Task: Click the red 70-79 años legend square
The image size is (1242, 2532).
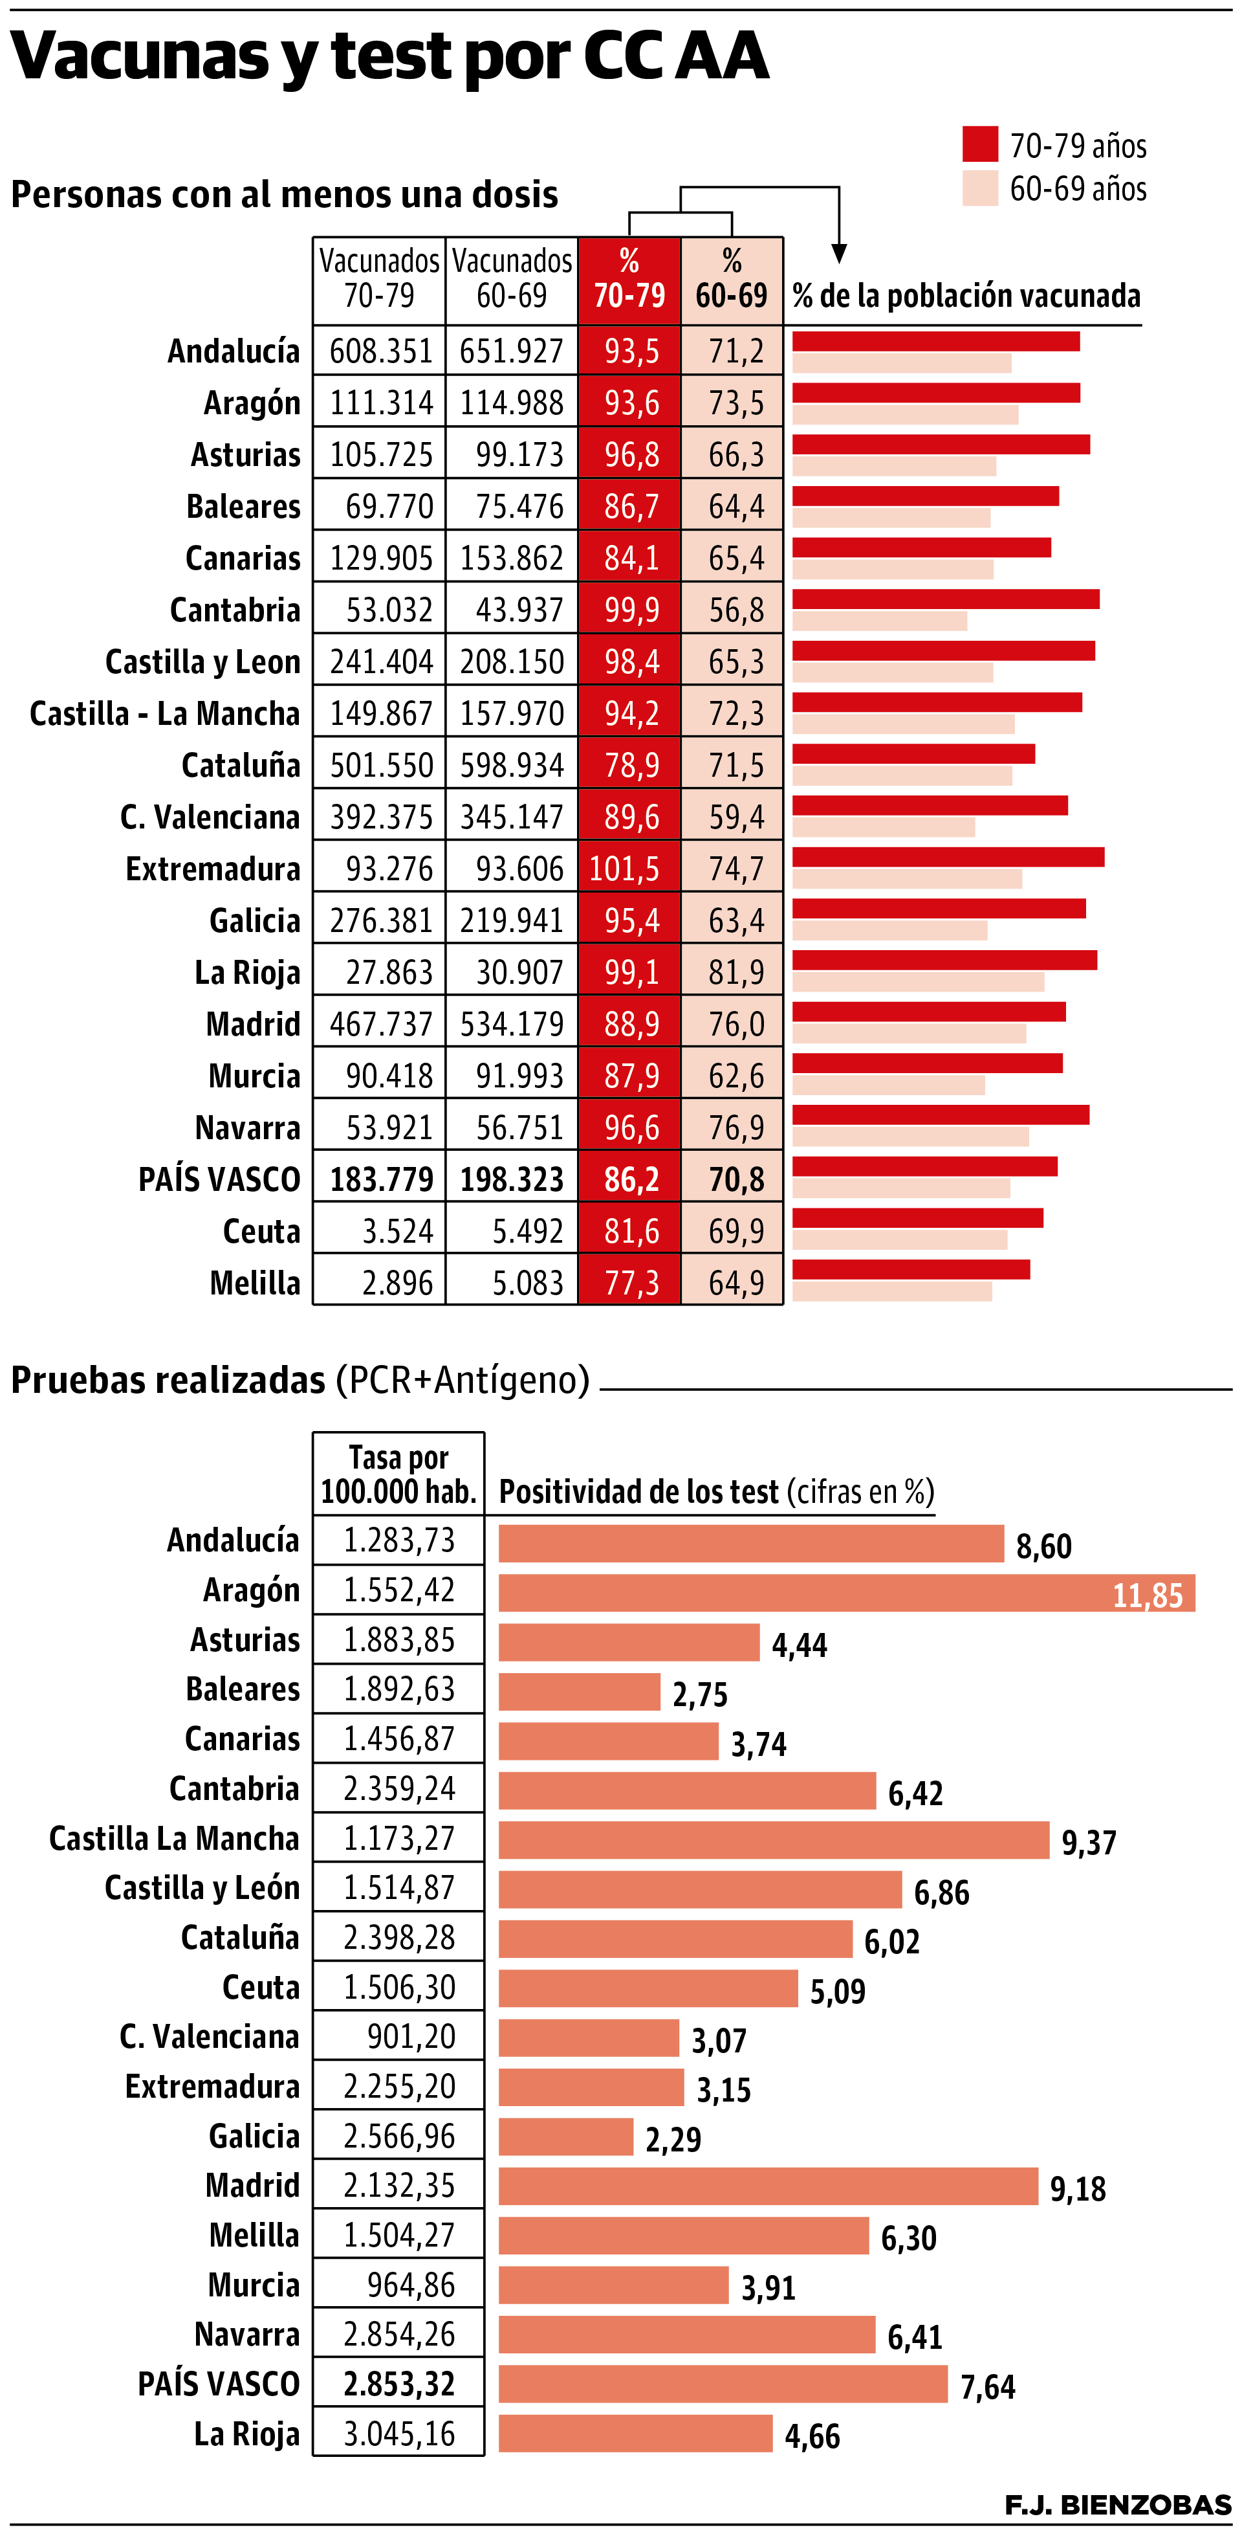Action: (979, 144)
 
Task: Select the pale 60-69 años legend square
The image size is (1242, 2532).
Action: (979, 188)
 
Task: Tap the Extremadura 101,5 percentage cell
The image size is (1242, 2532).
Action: (629, 869)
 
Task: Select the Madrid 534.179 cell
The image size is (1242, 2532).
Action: (512, 1024)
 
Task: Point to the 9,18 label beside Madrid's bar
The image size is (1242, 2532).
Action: (1078, 2189)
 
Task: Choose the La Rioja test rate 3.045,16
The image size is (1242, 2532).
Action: (399, 2434)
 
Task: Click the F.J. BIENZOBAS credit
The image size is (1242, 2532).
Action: (1117, 2504)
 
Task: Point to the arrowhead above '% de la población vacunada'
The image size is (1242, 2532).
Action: (838, 254)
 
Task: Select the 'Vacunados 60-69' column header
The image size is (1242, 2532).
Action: (511, 278)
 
